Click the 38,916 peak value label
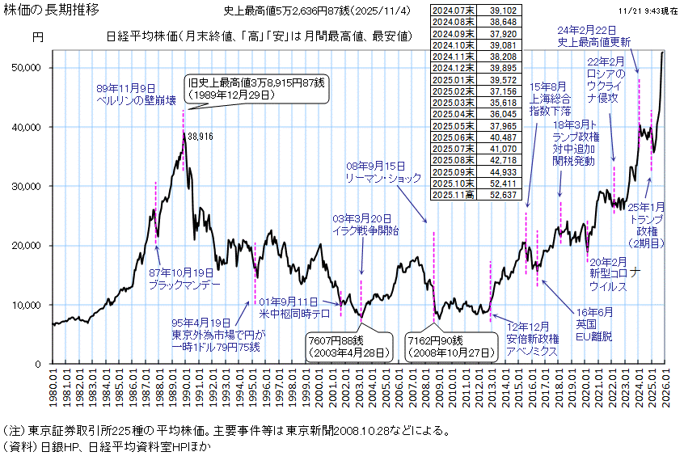[200, 138]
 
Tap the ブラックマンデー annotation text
[183, 285]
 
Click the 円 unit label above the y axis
[38, 37]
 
